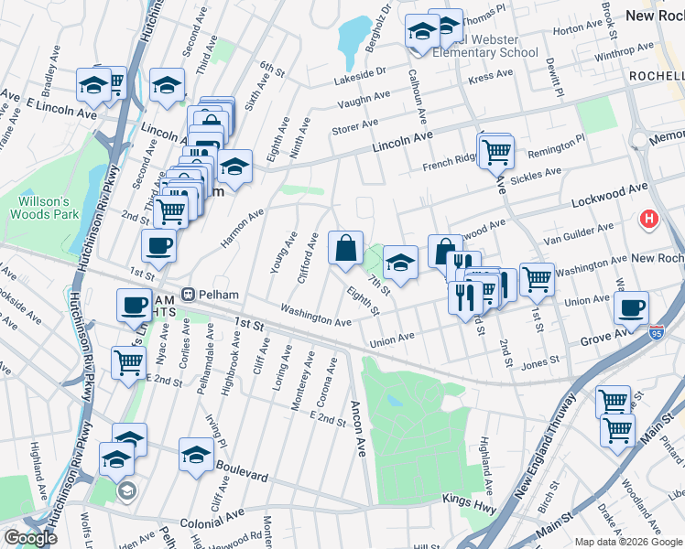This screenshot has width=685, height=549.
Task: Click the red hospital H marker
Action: point(649,220)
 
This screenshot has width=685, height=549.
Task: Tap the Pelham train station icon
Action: point(188,296)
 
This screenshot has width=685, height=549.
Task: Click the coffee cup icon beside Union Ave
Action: point(631,307)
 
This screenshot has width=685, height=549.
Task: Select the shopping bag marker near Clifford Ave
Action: point(346,247)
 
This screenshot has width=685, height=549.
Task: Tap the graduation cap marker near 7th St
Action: point(400,262)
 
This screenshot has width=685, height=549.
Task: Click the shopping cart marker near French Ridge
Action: point(496,150)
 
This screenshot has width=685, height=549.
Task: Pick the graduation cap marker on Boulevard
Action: point(197,455)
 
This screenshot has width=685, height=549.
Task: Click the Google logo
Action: point(30,537)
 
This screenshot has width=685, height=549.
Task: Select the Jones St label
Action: point(539,363)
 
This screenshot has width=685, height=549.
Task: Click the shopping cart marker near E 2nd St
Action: point(129,362)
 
